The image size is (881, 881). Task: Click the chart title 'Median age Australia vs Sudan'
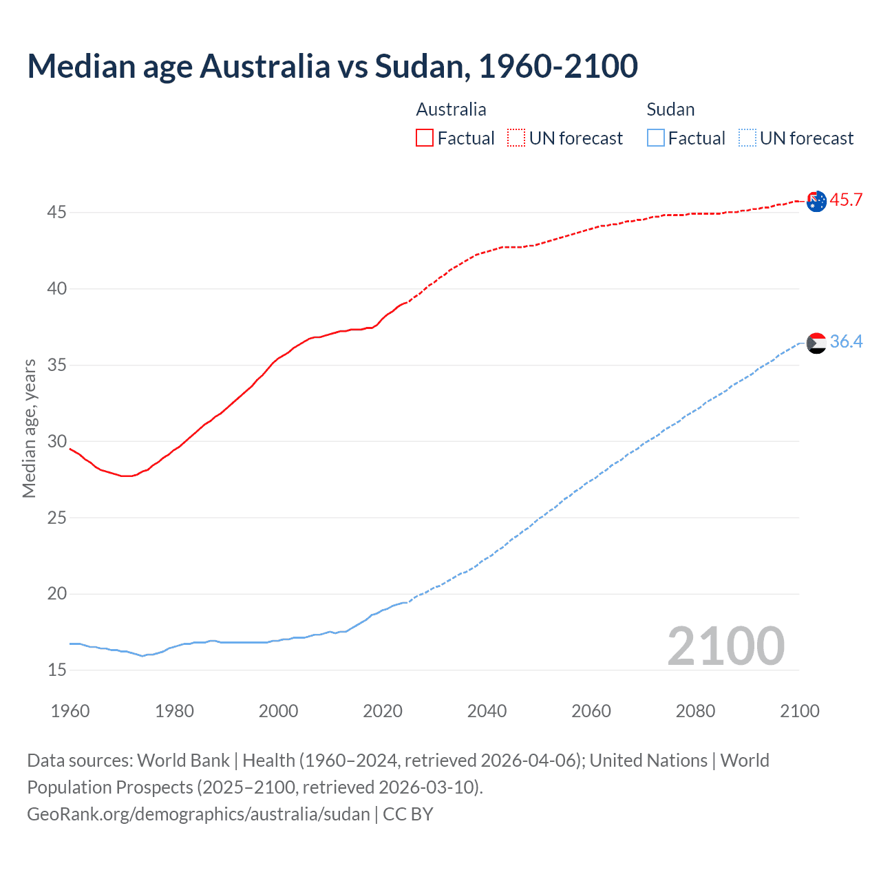point(332,66)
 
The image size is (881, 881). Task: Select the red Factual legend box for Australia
point(425,138)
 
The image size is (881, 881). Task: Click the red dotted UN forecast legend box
point(516,138)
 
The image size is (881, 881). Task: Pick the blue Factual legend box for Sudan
point(656,138)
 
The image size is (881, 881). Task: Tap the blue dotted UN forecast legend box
point(747,138)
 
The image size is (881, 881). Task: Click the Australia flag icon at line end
point(816,202)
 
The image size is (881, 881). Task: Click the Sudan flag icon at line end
point(816,343)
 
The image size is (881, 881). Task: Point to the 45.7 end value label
point(846,200)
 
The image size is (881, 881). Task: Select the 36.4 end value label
point(846,341)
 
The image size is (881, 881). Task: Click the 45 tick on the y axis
point(56,213)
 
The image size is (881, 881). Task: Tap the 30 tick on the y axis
point(56,441)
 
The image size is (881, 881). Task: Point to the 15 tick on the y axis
point(56,670)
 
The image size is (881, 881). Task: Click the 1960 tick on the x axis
point(70,711)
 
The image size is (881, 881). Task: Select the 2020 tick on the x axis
point(383,711)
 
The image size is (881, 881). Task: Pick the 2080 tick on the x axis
point(695,711)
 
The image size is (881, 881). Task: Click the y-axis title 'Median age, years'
point(29,428)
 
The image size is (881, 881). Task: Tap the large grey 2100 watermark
point(725,646)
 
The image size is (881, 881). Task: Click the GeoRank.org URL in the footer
point(198,814)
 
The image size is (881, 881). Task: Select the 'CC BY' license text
point(408,814)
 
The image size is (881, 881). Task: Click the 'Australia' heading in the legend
point(451,109)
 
